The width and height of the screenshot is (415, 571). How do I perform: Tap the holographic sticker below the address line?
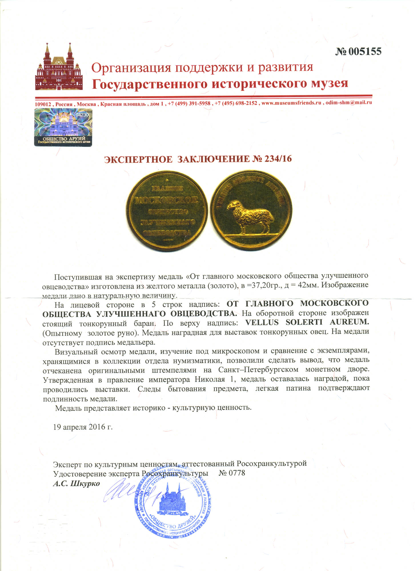[x=63, y=127]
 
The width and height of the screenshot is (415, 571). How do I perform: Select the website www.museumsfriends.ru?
[x=291, y=103]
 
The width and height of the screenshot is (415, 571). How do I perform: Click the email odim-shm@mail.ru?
[x=348, y=102]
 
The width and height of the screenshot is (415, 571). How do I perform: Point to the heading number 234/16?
[x=278, y=159]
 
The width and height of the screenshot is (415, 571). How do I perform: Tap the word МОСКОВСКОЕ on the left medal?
[x=166, y=200]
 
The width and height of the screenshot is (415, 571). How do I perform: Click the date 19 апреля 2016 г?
[x=83, y=427]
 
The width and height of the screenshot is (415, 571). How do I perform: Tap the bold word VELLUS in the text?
[x=262, y=322]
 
